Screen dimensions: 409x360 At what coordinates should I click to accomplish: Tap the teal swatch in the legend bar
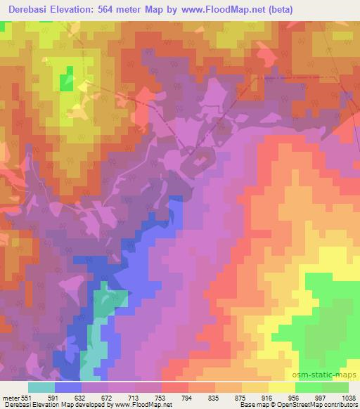(x=41, y=387)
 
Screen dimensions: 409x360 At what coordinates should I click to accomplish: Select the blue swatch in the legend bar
(x=67, y=387)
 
